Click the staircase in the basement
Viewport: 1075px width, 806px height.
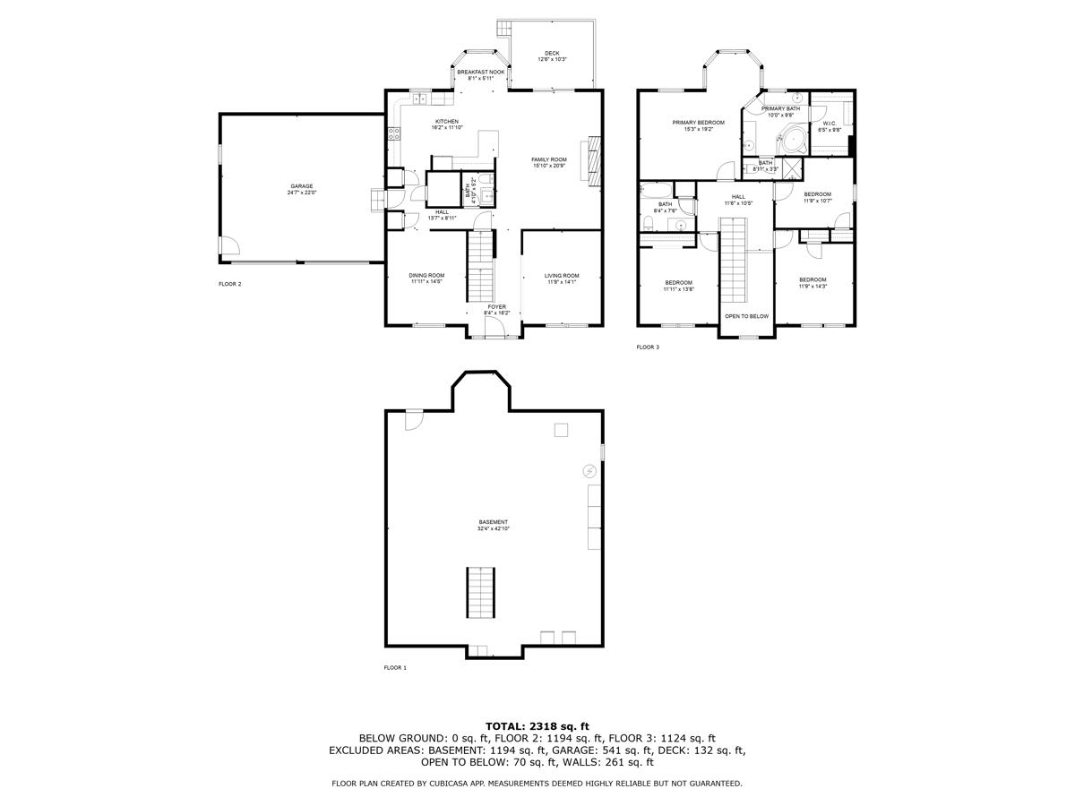pos(480,592)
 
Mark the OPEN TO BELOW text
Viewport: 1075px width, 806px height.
pos(746,316)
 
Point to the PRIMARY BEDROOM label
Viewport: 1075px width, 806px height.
pos(698,122)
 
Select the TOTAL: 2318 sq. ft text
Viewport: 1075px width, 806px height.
pos(537,725)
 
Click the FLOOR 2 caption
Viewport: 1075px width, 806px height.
pos(230,284)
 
